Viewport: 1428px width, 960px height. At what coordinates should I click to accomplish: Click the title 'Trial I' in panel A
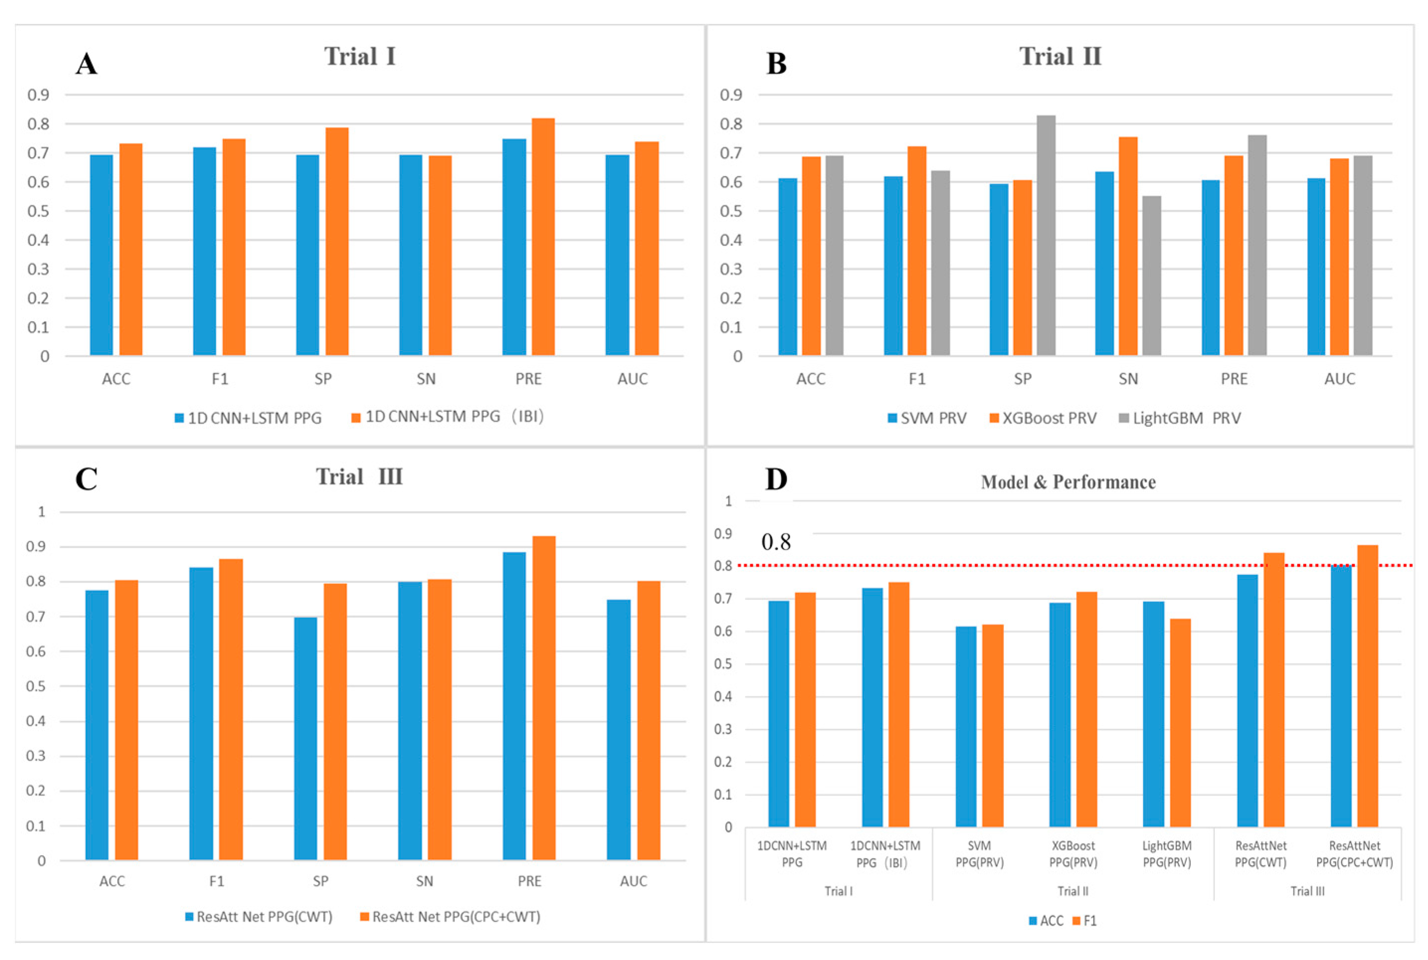tap(360, 56)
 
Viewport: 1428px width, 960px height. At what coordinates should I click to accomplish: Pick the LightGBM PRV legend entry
tap(1179, 418)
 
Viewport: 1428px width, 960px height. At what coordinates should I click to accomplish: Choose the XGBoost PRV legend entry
tap(1043, 418)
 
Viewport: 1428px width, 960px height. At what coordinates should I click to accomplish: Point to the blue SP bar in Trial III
tap(306, 738)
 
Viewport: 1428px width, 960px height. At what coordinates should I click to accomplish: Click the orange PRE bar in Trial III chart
tap(544, 698)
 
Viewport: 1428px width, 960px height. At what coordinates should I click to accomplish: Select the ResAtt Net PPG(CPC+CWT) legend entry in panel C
tap(450, 917)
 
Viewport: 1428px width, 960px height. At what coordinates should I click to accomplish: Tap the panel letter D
tap(776, 479)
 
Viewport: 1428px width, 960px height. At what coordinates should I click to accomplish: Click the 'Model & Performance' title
tap(1068, 482)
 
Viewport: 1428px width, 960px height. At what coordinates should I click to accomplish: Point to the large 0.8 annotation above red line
tap(776, 542)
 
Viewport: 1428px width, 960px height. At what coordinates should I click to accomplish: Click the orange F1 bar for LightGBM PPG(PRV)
tap(1180, 722)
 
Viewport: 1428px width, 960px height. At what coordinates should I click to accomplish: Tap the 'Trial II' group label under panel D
tap(1073, 891)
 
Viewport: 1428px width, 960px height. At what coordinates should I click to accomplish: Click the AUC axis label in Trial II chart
tap(1340, 379)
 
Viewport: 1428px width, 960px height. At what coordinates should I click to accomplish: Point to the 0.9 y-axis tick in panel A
tap(38, 95)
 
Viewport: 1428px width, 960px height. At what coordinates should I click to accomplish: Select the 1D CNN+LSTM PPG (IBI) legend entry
tap(447, 417)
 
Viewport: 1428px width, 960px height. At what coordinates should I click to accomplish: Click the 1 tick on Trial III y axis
tap(42, 512)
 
